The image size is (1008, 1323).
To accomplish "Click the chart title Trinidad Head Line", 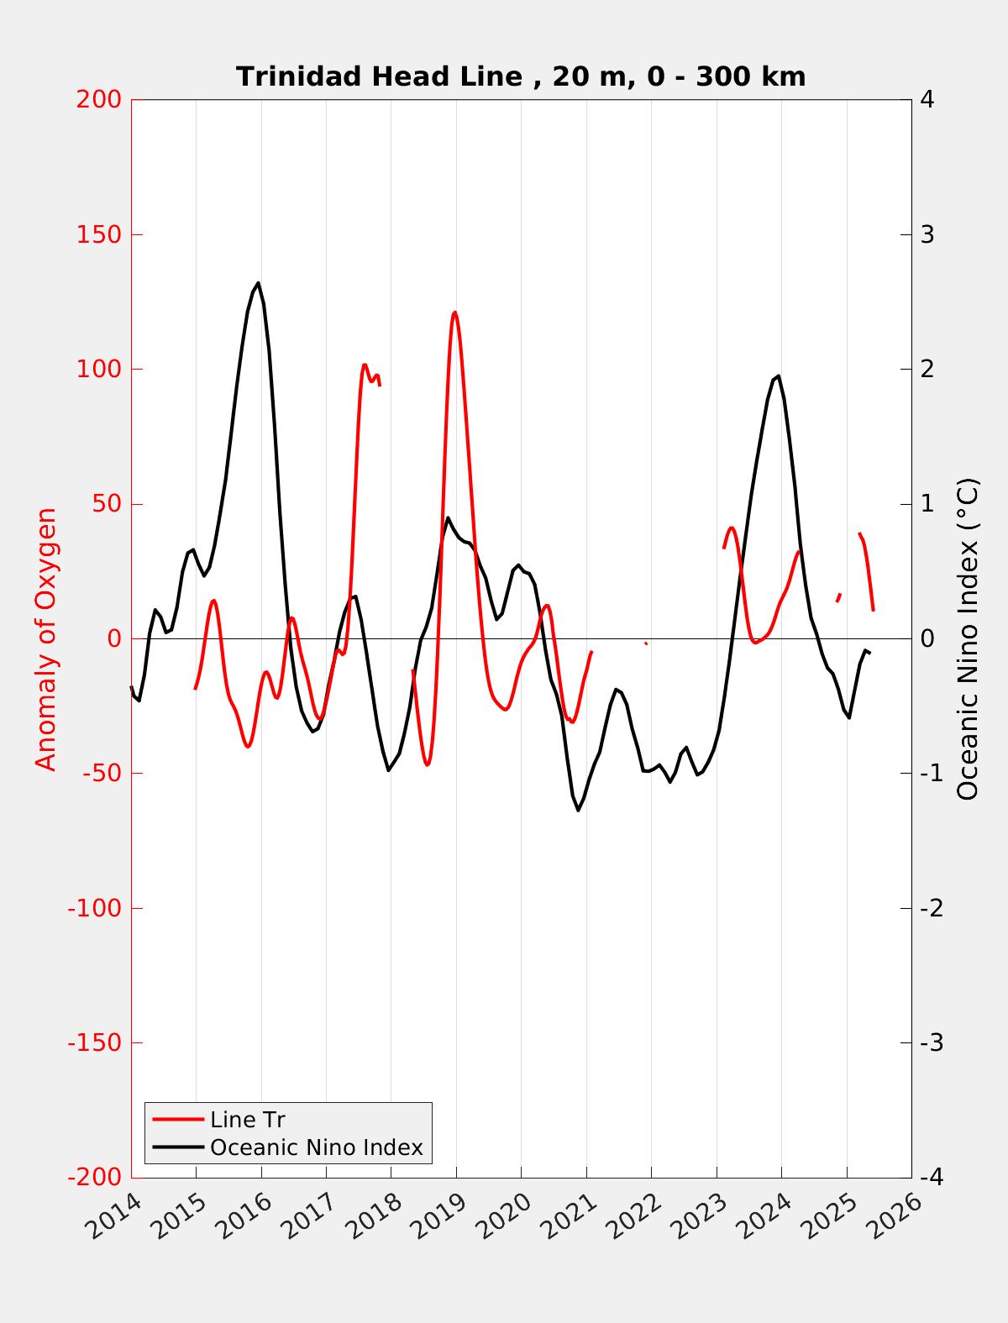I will click(x=521, y=76).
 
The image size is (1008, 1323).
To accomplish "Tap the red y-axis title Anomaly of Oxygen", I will click(x=46, y=638).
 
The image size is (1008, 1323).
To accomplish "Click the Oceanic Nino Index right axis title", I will click(x=968, y=638).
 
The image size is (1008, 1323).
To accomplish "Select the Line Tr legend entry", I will click(x=248, y=1120).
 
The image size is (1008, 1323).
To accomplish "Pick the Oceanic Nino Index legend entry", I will click(x=316, y=1147).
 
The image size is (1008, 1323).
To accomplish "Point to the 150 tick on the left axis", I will click(x=99, y=234).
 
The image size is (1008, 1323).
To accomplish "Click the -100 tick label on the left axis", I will click(x=94, y=908).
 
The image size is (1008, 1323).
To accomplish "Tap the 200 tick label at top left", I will click(x=99, y=99).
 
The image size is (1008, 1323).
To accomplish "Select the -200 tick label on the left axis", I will click(x=94, y=1178).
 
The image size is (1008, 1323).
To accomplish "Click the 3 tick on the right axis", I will click(x=927, y=234).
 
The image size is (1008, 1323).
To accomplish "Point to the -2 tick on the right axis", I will click(x=931, y=908).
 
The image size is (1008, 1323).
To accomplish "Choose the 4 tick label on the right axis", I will click(x=927, y=99).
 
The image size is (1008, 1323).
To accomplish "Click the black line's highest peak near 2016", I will click(x=258, y=283).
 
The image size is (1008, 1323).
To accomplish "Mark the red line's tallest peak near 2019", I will click(x=454, y=312).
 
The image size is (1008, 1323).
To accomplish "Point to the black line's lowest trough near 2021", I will click(x=578, y=810).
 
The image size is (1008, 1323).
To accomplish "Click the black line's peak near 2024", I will click(x=779, y=376).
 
